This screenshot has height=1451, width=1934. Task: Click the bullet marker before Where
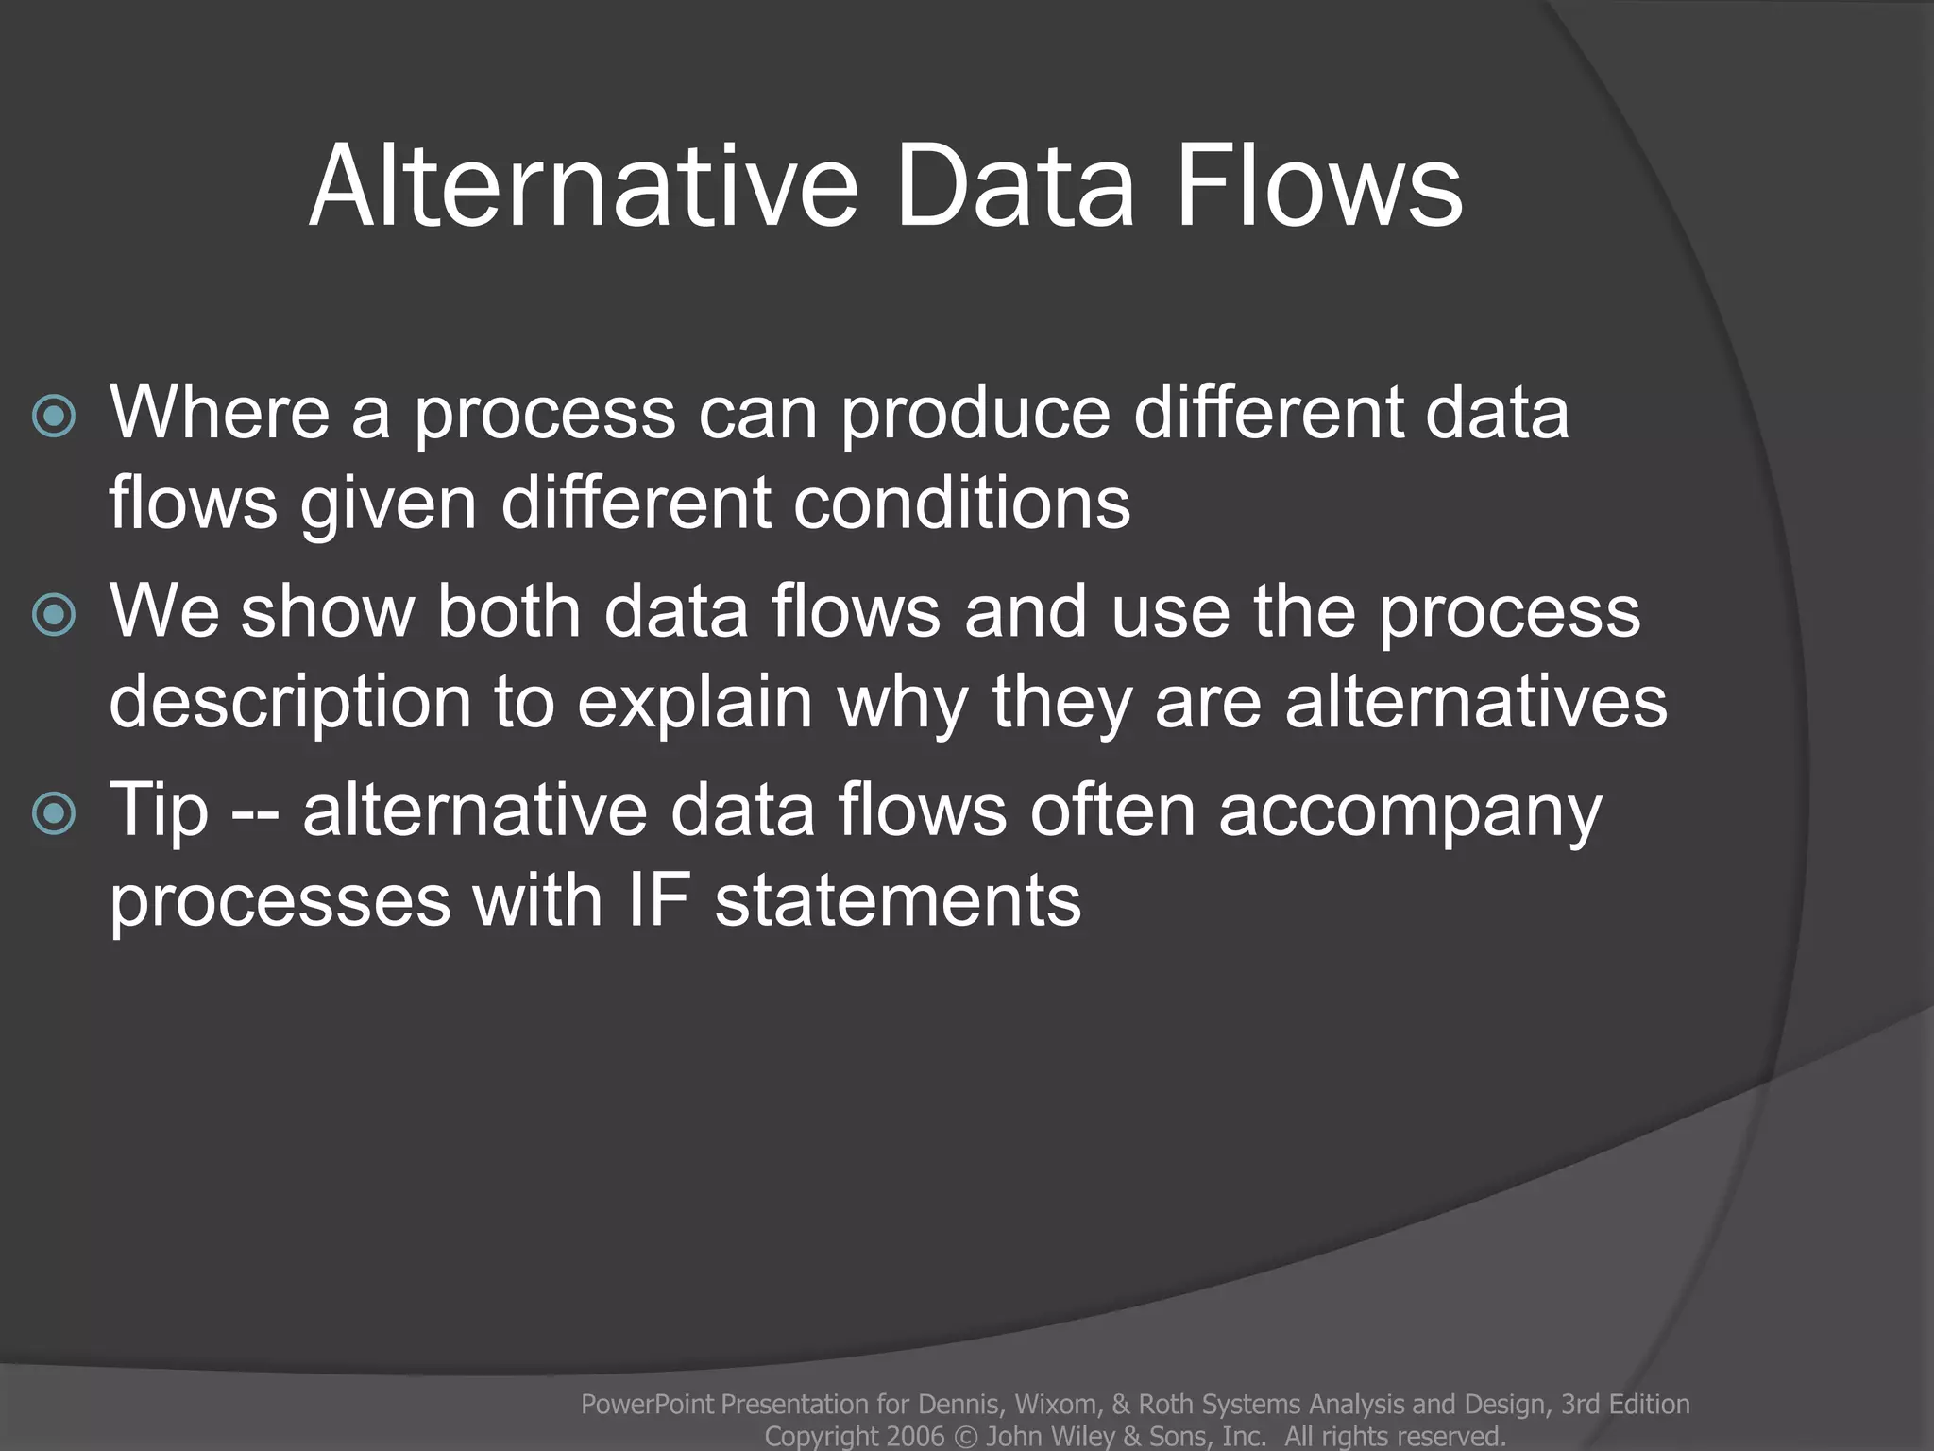[x=54, y=416]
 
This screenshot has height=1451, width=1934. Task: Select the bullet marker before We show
[x=54, y=616]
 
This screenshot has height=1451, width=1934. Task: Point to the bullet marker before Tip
[x=54, y=813]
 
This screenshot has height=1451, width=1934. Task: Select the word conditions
[x=961, y=503]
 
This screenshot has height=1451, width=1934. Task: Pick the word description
[x=289, y=704]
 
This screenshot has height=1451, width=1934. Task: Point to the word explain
[x=695, y=704]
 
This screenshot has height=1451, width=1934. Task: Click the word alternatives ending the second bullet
[x=1475, y=702]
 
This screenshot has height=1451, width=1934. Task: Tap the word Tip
[x=158, y=811]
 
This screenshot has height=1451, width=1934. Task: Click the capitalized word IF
[x=658, y=899]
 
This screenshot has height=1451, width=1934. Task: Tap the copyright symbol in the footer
[x=965, y=1437]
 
